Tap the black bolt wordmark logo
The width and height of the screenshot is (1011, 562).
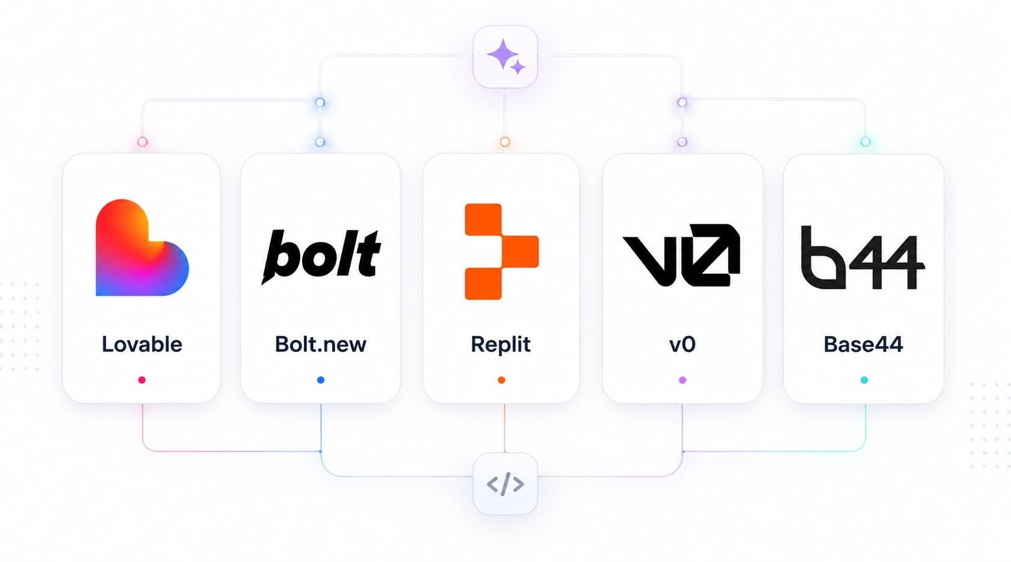pos(321,255)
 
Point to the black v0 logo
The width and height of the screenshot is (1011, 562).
pos(682,255)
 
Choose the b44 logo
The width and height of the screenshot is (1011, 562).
pos(863,257)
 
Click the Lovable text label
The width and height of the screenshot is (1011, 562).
pos(142,344)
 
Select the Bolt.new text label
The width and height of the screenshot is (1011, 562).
pos(320,344)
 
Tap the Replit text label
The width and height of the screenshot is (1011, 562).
pos(500,344)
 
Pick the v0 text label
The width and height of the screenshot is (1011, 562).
pos(682,344)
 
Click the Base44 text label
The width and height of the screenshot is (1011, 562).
pos(863,344)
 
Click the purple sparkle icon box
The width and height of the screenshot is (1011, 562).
pos(505,57)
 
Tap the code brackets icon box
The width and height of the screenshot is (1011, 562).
pos(505,484)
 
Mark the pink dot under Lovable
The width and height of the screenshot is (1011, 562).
pos(142,380)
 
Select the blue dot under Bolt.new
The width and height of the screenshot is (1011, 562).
pos(320,380)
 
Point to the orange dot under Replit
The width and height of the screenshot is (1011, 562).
pos(501,380)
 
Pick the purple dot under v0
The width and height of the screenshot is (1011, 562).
pos(682,380)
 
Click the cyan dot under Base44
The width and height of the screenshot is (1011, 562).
pos(864,380)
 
